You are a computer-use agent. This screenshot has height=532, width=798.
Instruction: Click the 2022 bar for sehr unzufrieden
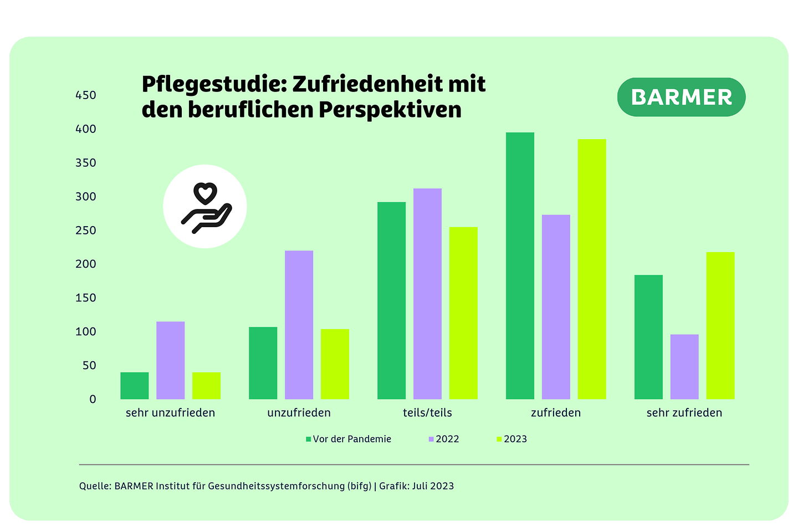(x=170, y=360)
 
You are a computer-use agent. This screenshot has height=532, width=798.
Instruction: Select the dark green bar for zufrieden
(x=520, y=266)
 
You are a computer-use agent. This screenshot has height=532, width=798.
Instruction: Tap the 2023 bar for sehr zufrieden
(x=720, y=326)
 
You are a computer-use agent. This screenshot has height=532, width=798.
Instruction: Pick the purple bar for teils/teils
(x=427, y=294)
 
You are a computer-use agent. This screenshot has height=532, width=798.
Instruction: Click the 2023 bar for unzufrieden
(x=335, y=364)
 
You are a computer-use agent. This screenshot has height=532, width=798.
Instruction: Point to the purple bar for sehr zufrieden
(x=684, y=367)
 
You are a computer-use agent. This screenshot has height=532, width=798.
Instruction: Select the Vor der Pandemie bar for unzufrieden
(x=263, y=363)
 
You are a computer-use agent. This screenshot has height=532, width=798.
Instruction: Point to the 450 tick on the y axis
(x=85, y=95)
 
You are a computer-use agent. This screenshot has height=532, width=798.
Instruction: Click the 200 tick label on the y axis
(x=85, y=264)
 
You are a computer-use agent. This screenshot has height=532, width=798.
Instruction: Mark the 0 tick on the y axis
(x=93, y=400)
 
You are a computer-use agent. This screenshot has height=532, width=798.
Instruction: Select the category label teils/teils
(x=427, y=413)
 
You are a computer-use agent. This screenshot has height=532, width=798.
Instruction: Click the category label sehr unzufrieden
(x=170, y=413)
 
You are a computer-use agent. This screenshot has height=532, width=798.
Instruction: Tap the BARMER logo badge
(x=681, y=98)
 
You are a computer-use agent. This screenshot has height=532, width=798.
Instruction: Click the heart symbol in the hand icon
(x=204, y=194)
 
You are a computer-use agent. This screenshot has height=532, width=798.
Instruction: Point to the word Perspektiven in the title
(x=390, y=110)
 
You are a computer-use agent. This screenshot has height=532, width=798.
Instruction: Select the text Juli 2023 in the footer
(x=433, y=486)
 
